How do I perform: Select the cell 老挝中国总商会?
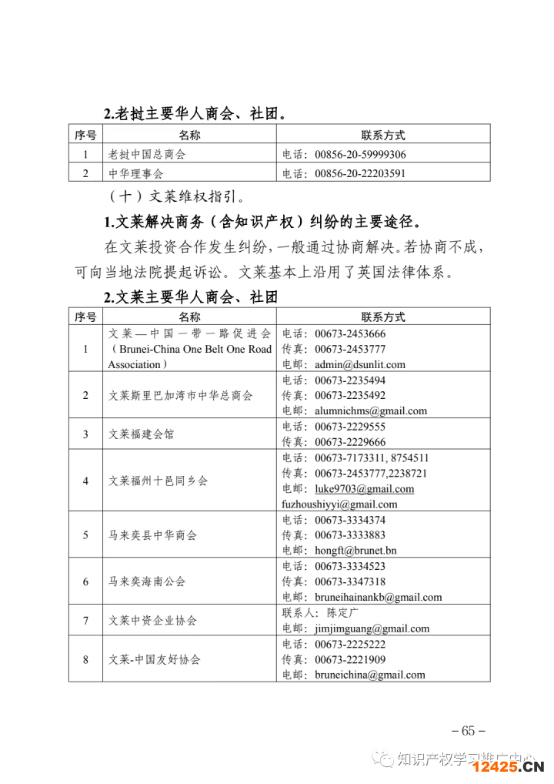(147, 154)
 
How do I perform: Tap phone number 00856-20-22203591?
(359, 173)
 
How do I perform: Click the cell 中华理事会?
(135, 173)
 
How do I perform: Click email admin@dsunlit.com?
(359, 364)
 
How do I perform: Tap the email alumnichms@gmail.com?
(370, 410)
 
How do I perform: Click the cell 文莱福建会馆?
(141, 434)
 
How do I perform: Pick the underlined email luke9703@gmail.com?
(364, 488)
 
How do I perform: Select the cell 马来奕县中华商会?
(152, 535)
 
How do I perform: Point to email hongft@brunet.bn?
(355, 551)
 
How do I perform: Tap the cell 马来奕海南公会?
(147, 581)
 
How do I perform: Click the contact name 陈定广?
(343, 613)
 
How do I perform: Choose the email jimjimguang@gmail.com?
(372, 628)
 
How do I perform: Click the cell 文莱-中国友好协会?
(155, 659)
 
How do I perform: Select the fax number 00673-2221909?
(350, 659)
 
